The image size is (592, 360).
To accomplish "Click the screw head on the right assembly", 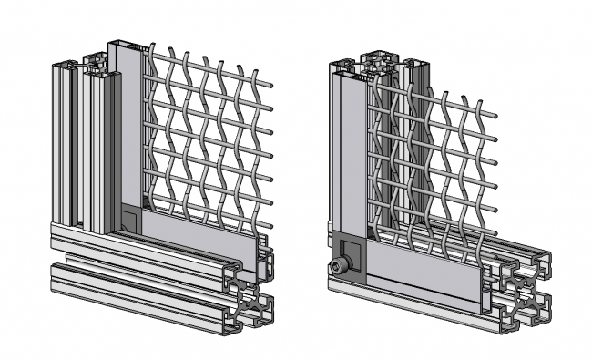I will pos(340,266).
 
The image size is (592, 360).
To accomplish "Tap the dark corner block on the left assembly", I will pos(131,219).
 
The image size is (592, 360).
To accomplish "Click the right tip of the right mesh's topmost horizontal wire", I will pos(495,116).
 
